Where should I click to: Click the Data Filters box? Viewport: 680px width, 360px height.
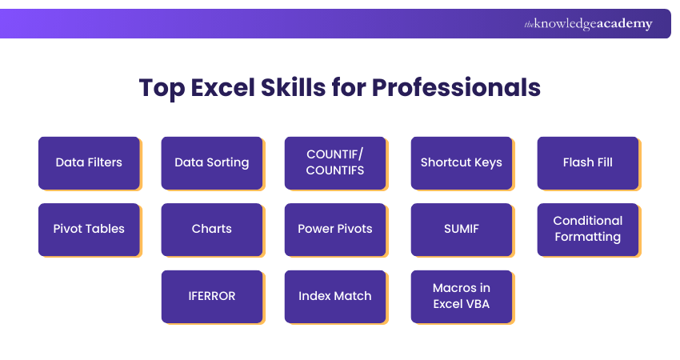click(x=89, y=162)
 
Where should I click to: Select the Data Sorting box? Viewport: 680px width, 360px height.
click(x=212, y=162)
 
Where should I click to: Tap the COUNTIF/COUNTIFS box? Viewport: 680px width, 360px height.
click(x=335, y=162)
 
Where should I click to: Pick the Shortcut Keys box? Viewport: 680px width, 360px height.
click(x=462, y=162)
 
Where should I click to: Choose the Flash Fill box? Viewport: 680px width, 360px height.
click(x=588, y=162)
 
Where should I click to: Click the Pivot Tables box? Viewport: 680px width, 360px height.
click(x=89, y=229)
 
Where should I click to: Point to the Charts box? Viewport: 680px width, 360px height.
click(x=212, y=229)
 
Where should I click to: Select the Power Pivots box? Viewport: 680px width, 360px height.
click(x=335, y=229)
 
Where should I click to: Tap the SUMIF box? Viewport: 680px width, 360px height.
click(x=462, y=229)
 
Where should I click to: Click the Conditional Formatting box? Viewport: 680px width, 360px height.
click(x=588, y=229)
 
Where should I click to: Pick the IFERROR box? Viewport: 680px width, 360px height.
click(x=212, y=296)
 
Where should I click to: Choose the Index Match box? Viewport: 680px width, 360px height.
click(x=335, y=296)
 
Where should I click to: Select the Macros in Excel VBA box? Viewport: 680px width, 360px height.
click(x=462, y=296)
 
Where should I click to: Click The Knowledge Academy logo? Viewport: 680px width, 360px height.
click(x=588, y=24)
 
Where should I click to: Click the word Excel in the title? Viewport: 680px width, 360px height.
click(x=221, y=87)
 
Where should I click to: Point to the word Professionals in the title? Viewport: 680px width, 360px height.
click(x=456, y=87)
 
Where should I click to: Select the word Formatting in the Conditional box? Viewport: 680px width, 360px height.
click(x=588, y=237)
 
